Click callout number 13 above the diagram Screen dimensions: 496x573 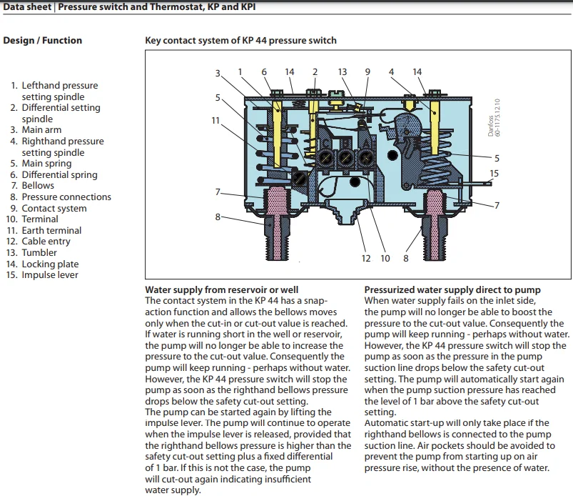point(343,72)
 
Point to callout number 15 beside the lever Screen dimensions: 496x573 point(495,173)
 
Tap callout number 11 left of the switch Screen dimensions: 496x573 point(215,120)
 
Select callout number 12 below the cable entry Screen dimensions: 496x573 point(366,258)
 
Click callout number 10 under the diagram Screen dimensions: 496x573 point(385,258)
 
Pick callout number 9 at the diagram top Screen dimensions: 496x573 point(367,72)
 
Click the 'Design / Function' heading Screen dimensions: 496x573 point(43,41)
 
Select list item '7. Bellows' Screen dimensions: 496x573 point(42,186)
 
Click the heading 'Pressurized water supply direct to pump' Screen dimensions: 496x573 point(452,290)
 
